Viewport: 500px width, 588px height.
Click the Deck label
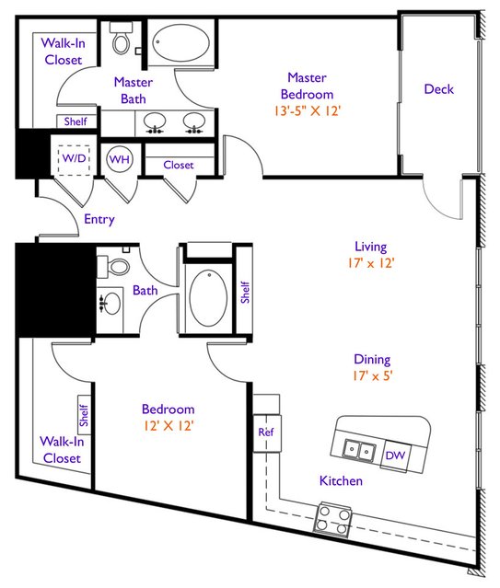(439, 89)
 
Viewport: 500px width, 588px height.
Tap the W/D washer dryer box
(74, 160)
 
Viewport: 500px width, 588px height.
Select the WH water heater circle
(120, 159)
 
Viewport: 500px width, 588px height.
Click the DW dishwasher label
(395, 455)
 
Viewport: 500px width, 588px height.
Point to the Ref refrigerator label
(266, 432)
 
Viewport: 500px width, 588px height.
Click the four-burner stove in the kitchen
(333, 517)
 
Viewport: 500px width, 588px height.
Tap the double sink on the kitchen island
(360, 449)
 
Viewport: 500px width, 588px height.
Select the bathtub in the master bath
(180, 43)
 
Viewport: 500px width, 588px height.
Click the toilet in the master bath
(121, 38)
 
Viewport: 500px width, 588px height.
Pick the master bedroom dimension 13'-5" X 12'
(308, 111)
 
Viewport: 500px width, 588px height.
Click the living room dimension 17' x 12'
(371, 263)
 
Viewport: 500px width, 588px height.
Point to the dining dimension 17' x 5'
(372, 375)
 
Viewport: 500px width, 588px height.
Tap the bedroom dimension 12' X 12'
(169, 426)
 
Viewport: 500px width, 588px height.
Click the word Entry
(99, 219)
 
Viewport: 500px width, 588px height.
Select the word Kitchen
(341, 480)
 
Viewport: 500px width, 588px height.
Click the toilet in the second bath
(114, 267)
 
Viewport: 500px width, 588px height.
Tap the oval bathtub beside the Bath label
(208, 298)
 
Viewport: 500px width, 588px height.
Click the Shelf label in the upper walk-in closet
(76, 121)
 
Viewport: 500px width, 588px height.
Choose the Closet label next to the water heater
(179, 165)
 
